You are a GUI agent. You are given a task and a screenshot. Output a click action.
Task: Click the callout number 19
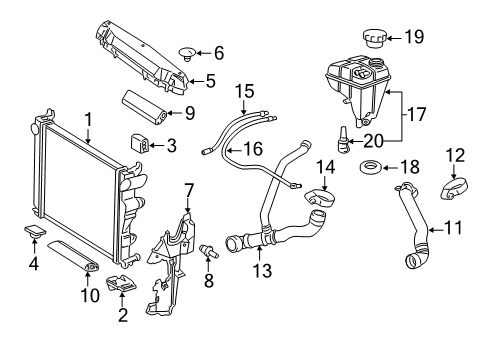pos(414,37)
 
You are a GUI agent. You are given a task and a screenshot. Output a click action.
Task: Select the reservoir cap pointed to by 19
pos(375,38)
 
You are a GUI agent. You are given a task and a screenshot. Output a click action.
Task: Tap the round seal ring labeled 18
pos(370,167)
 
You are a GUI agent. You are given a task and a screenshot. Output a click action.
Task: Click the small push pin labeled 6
pos(188,54)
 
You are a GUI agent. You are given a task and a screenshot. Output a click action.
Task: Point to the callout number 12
pos(455,155)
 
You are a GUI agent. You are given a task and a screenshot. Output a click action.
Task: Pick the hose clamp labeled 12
pos(454,189)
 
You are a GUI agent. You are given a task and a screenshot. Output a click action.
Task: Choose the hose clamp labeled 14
pos(320,199)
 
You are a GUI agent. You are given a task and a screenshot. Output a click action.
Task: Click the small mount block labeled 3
pos(139,143)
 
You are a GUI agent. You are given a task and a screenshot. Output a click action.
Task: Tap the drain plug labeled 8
pos(209,251)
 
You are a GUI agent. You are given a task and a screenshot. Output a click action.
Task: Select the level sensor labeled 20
pos(343,139)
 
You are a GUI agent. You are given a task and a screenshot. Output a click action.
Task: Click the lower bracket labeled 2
pos(121,284)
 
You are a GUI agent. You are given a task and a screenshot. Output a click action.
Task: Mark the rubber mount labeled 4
pos(35,231)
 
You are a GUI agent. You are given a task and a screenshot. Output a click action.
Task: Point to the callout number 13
pos(262,270)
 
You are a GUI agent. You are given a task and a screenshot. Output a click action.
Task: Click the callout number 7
pos(189,191)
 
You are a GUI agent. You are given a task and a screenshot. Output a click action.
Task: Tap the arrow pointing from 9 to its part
pos(175,114)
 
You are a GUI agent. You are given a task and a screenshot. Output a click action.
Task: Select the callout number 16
pos(253,149)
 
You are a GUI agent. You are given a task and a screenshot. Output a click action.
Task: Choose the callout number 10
pos(90,295)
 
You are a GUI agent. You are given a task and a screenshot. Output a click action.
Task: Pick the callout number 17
pos(416,114)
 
